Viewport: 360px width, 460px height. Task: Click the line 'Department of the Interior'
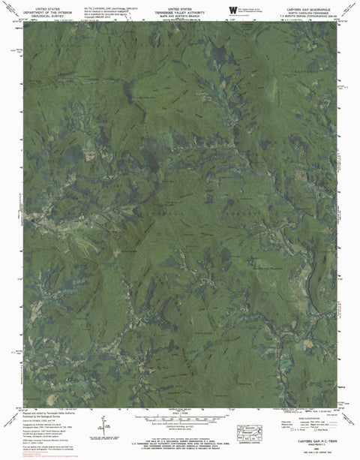pos(44,8)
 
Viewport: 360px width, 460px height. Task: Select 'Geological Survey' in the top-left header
pos(44,12)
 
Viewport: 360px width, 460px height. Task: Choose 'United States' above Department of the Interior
pos(44,5)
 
